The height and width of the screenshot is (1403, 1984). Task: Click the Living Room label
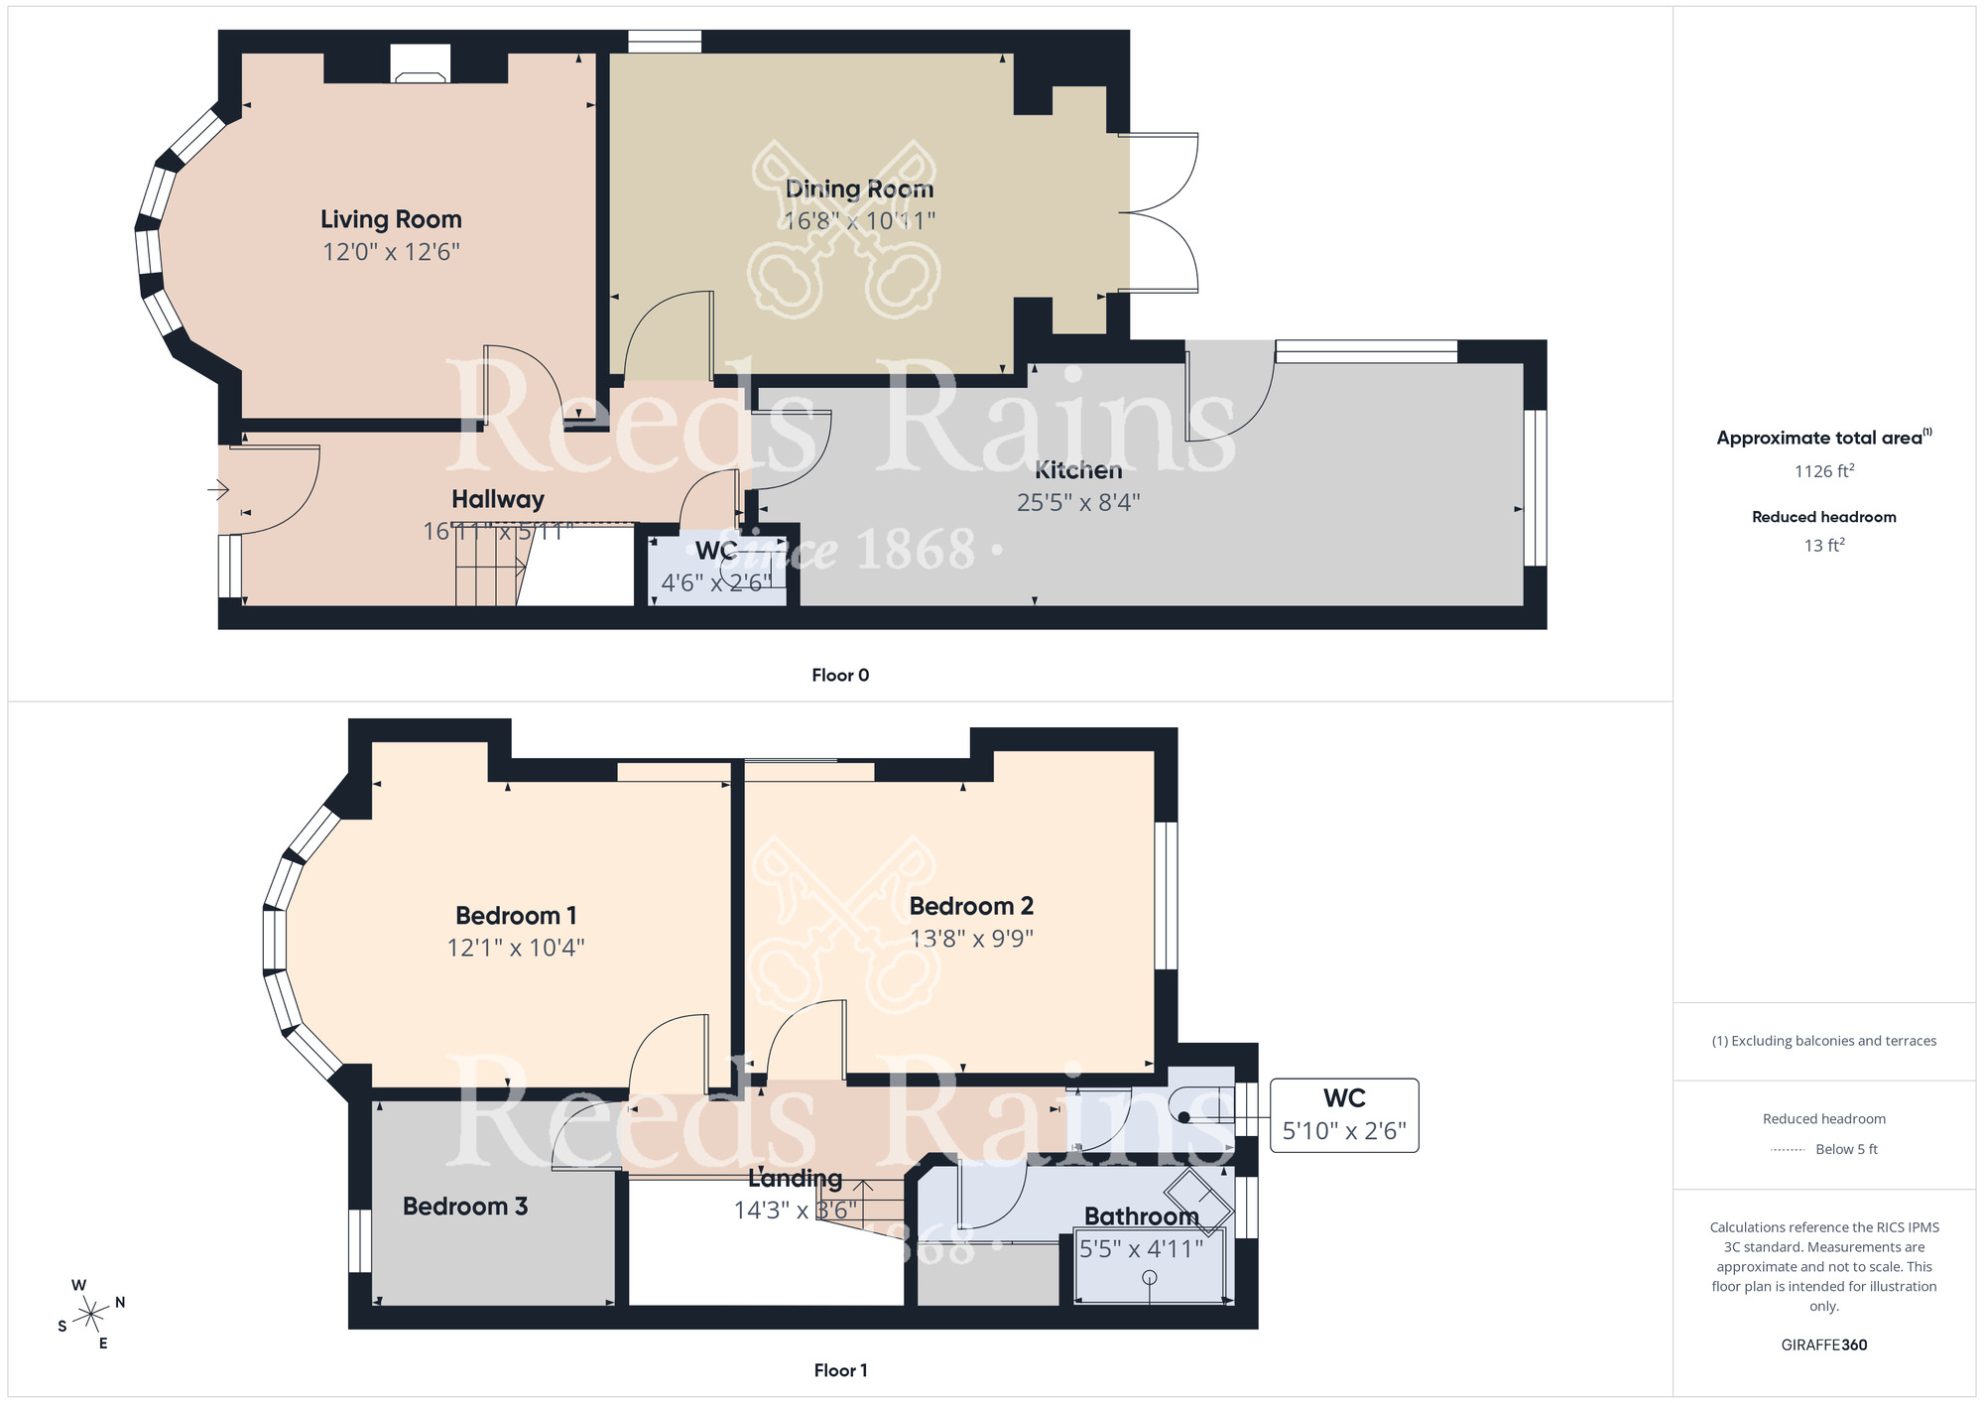391,219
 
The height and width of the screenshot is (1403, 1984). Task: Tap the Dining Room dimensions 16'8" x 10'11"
859,220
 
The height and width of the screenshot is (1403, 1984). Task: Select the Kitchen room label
1078,470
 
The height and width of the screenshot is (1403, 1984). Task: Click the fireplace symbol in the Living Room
420,64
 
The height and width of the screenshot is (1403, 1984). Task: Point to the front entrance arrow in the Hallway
218,489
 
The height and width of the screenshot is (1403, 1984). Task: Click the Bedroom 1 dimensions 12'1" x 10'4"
515,948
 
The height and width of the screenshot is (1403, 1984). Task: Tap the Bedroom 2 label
971,906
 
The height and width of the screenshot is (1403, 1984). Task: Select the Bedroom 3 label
464,1207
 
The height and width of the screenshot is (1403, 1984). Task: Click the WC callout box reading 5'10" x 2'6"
1344,1115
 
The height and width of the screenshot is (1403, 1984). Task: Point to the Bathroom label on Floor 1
1141,1216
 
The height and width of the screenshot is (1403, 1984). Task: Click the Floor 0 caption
840,676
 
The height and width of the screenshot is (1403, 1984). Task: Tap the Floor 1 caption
840,1370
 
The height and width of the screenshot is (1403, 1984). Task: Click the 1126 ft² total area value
1823,471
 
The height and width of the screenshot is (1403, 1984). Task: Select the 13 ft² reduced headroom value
1823,546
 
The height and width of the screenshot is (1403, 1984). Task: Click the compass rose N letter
120,1303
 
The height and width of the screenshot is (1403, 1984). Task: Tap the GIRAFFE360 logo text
1823,1345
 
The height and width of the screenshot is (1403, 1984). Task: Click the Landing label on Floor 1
795,1179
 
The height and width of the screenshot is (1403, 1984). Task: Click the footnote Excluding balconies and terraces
1823,1041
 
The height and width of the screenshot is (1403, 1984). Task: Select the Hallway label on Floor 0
497,499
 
